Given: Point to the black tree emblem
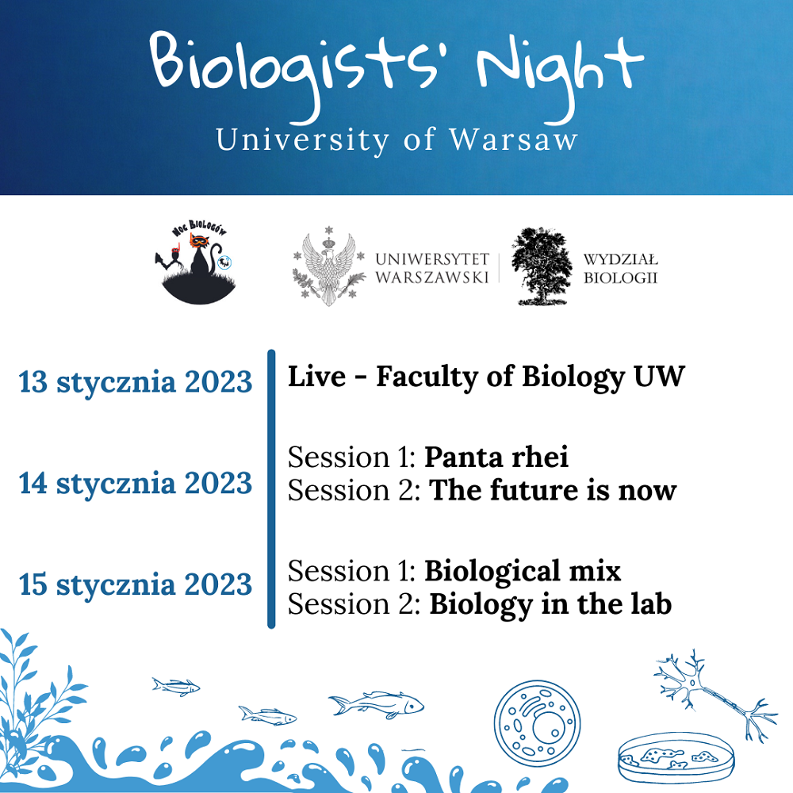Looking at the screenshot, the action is pyautogui.click(x=541, y=266).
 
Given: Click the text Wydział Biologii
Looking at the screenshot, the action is pyautogui.click(x=621, y=269).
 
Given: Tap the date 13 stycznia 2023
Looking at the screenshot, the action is pyautogui.click(x=135, y=382).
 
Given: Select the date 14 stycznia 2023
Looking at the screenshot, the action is pyautogui.click(x=135, y=483).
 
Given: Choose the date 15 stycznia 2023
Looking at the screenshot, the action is pyautogui.click(x=135, y=584).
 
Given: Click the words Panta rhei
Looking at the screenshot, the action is pyautogui.click(x=496, y=457).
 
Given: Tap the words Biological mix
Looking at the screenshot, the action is pyautogui.click(x=523, y=571).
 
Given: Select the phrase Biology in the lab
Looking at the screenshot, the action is pyautogui.click(x=550, y=604).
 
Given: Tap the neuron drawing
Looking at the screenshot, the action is pyautogui.click(x=713, y=693).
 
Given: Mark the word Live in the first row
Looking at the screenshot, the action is pyautogui.click(x=316, y=377).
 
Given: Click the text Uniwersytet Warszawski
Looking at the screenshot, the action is pyautogui.click(x=432, y=269).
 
